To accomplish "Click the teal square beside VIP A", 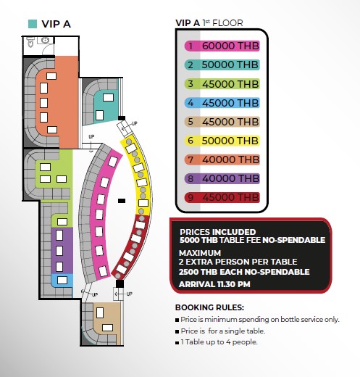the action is click(x=33, y=24).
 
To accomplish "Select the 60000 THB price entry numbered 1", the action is click(x=222, y=46).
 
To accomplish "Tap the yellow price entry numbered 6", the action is click(x=222, y=141).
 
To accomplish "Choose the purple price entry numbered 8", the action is click(x=222, y=178).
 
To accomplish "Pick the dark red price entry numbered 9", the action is click(x=222, y=197).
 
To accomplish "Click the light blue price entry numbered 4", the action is click(x=222, y=103).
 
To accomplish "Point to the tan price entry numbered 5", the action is click(x=222, y=122).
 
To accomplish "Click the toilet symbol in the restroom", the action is click(x=30, y=42).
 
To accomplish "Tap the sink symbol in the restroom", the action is click(x=45, y=40).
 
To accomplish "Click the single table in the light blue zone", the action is click(x=62, y=280).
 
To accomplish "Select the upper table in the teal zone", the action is click(x=108, y=97).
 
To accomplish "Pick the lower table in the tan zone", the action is click(x=107, y=328).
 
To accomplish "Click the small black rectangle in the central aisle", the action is click(x=122, y=201).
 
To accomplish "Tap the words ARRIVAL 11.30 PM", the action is click(x=214, y=284).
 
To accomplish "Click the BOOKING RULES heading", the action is click(x=209, y=307).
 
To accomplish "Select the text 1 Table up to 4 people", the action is click(x=219, y=342).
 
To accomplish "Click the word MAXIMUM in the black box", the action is click(x=200, y=253).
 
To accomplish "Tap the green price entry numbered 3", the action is click(x=222, y=84).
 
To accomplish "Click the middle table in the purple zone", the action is click(x=59, y=251).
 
